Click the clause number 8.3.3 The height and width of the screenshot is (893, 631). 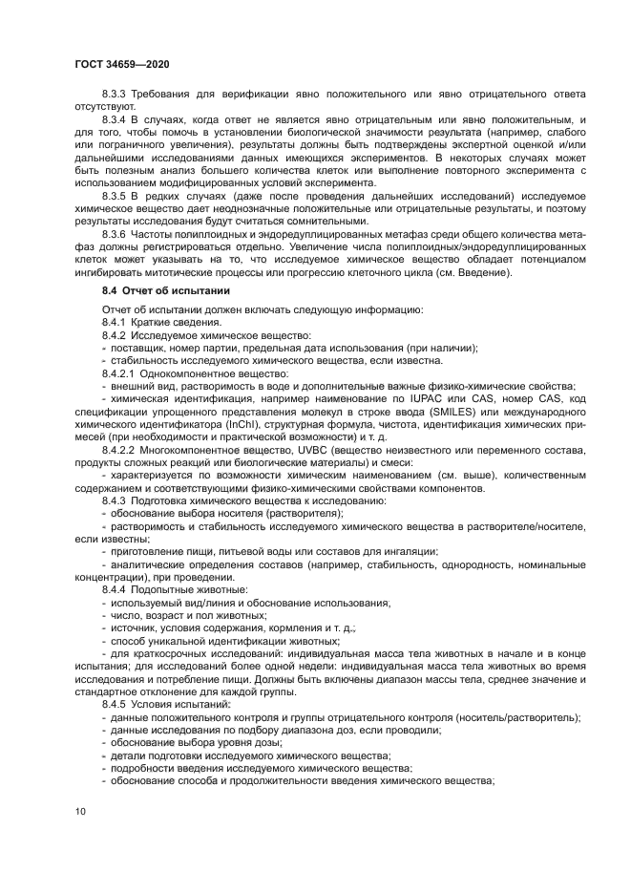(x=115, y=95)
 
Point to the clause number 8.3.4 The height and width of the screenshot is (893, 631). (x=115, y=119)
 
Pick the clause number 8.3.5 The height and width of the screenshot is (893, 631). (x=115, y=195)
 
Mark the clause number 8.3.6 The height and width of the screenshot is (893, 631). (x=115, y=232)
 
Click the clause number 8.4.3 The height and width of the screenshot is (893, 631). (x=115, y=499)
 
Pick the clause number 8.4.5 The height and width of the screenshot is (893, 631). (x=115, y=704)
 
